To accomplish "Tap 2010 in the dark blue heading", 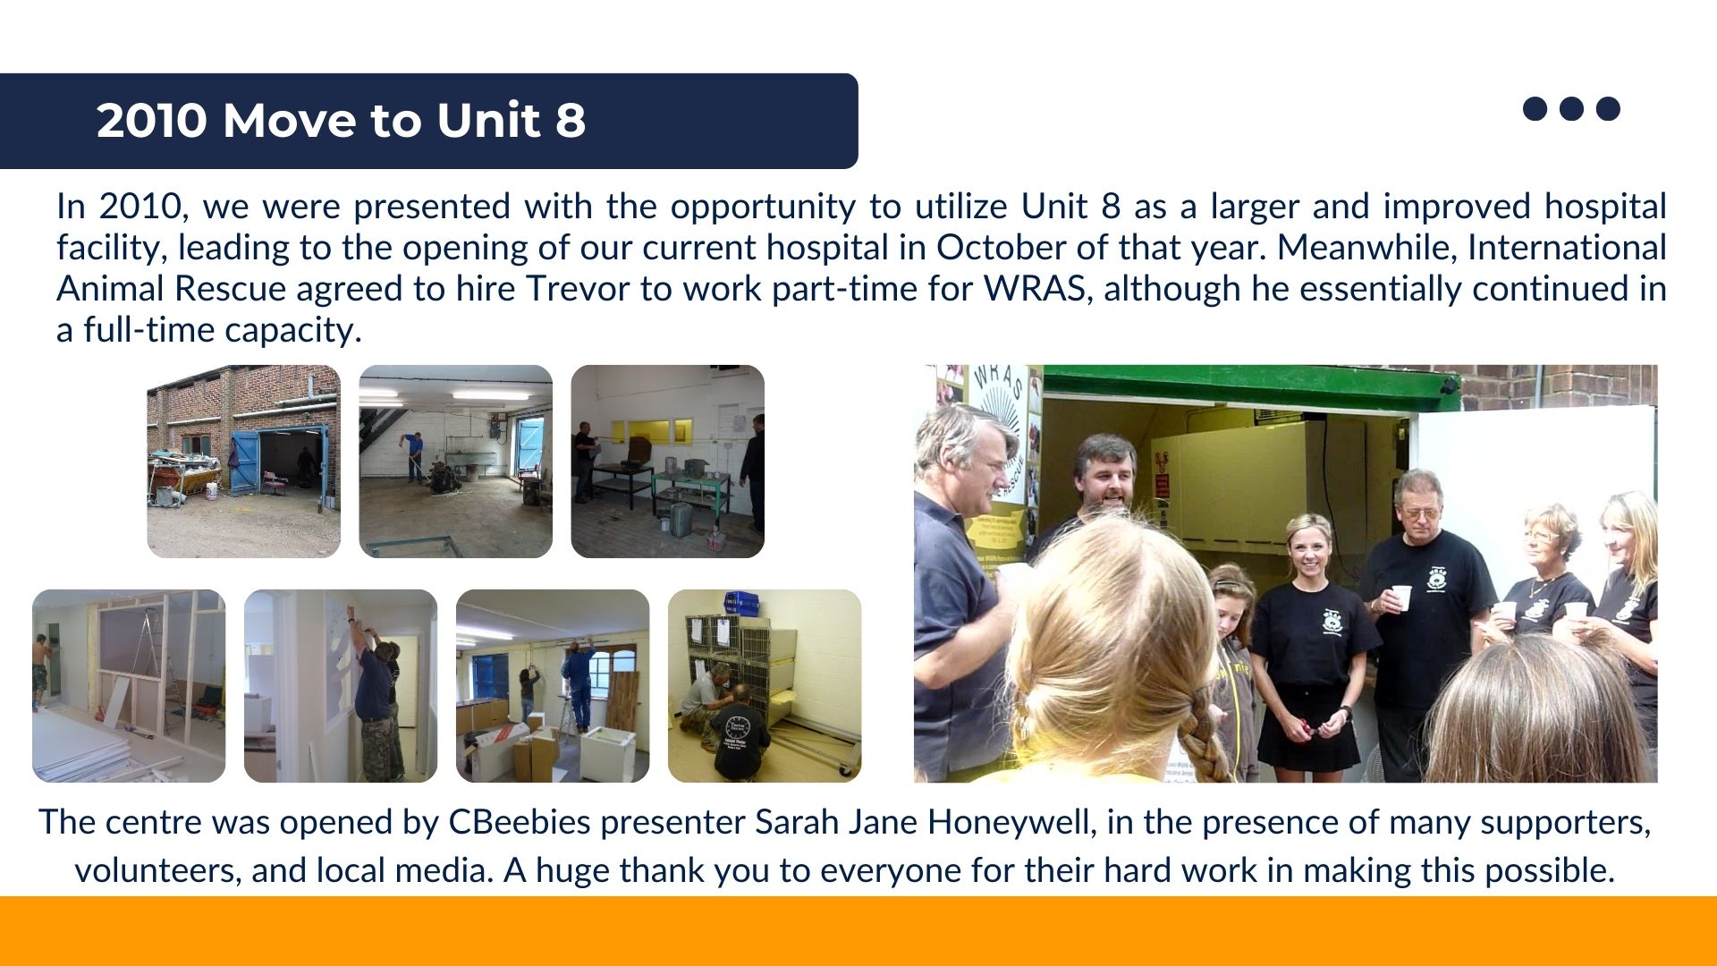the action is [x=152, y=120].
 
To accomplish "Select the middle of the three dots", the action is [x=1571, y=108].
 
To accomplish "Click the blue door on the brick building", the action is [x=243, y=462].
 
